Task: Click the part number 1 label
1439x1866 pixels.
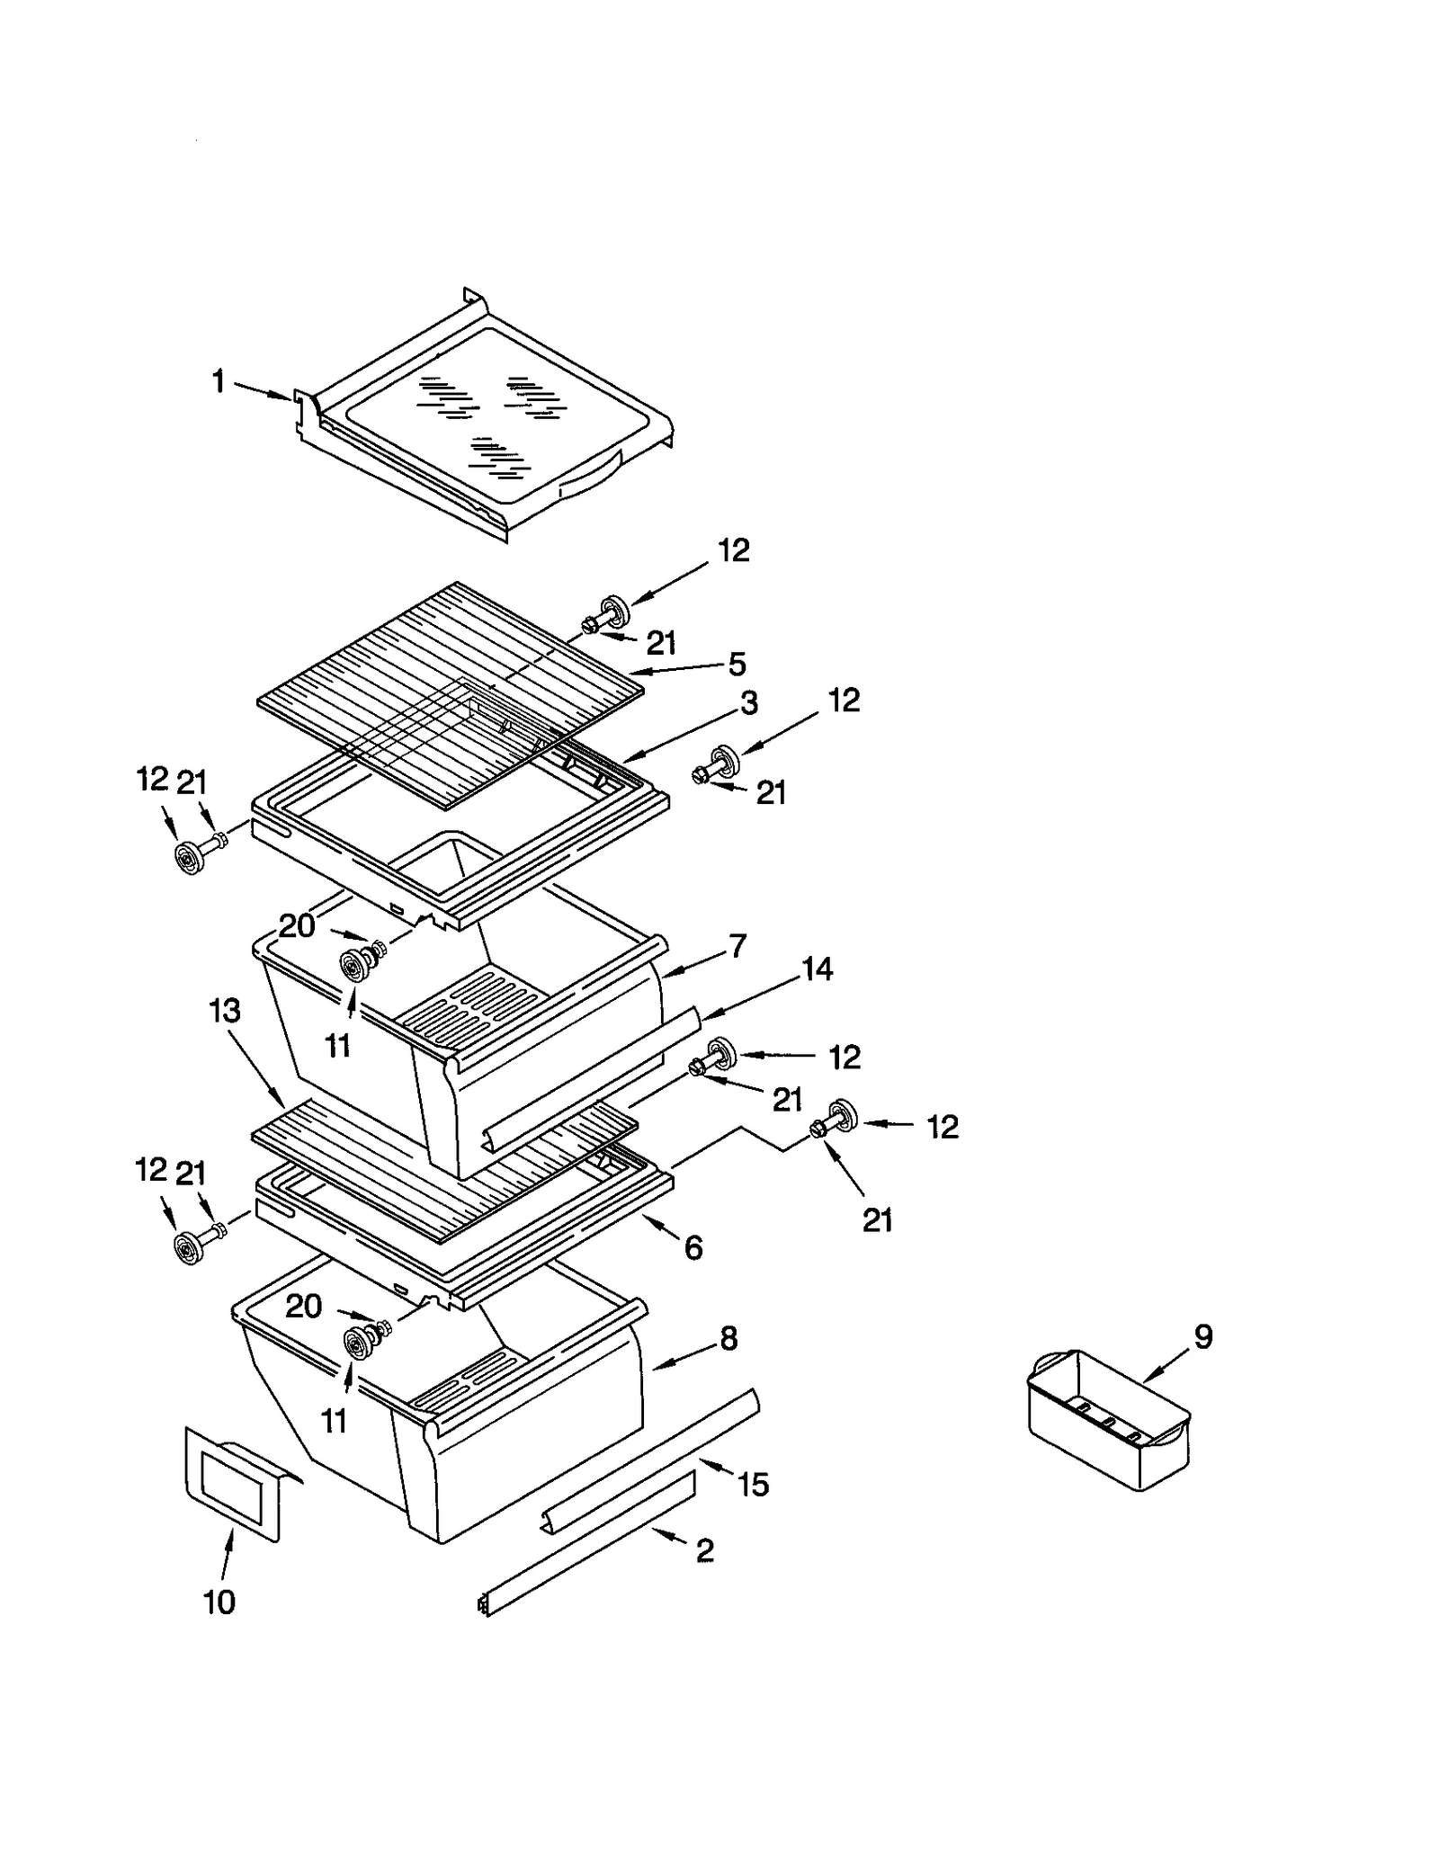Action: (218, 382)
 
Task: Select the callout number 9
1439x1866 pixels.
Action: (1203, 1336)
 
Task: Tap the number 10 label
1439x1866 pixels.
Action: (219, 1602)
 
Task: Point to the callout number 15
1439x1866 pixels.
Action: (754, 1484)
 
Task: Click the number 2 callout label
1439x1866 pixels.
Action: (705, 1550)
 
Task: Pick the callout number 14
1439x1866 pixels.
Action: (817, 969)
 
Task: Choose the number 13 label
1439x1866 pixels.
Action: (225, 1011)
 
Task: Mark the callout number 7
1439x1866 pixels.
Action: (737, 946)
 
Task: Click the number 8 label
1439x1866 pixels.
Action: (728, 1338)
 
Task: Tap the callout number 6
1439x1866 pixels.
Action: (693, 1246)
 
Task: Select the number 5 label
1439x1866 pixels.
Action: (737, 665)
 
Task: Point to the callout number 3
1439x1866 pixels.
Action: (748, 702)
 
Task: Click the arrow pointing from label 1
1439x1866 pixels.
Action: (264, 391)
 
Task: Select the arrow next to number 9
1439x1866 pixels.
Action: (1164, 1365)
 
